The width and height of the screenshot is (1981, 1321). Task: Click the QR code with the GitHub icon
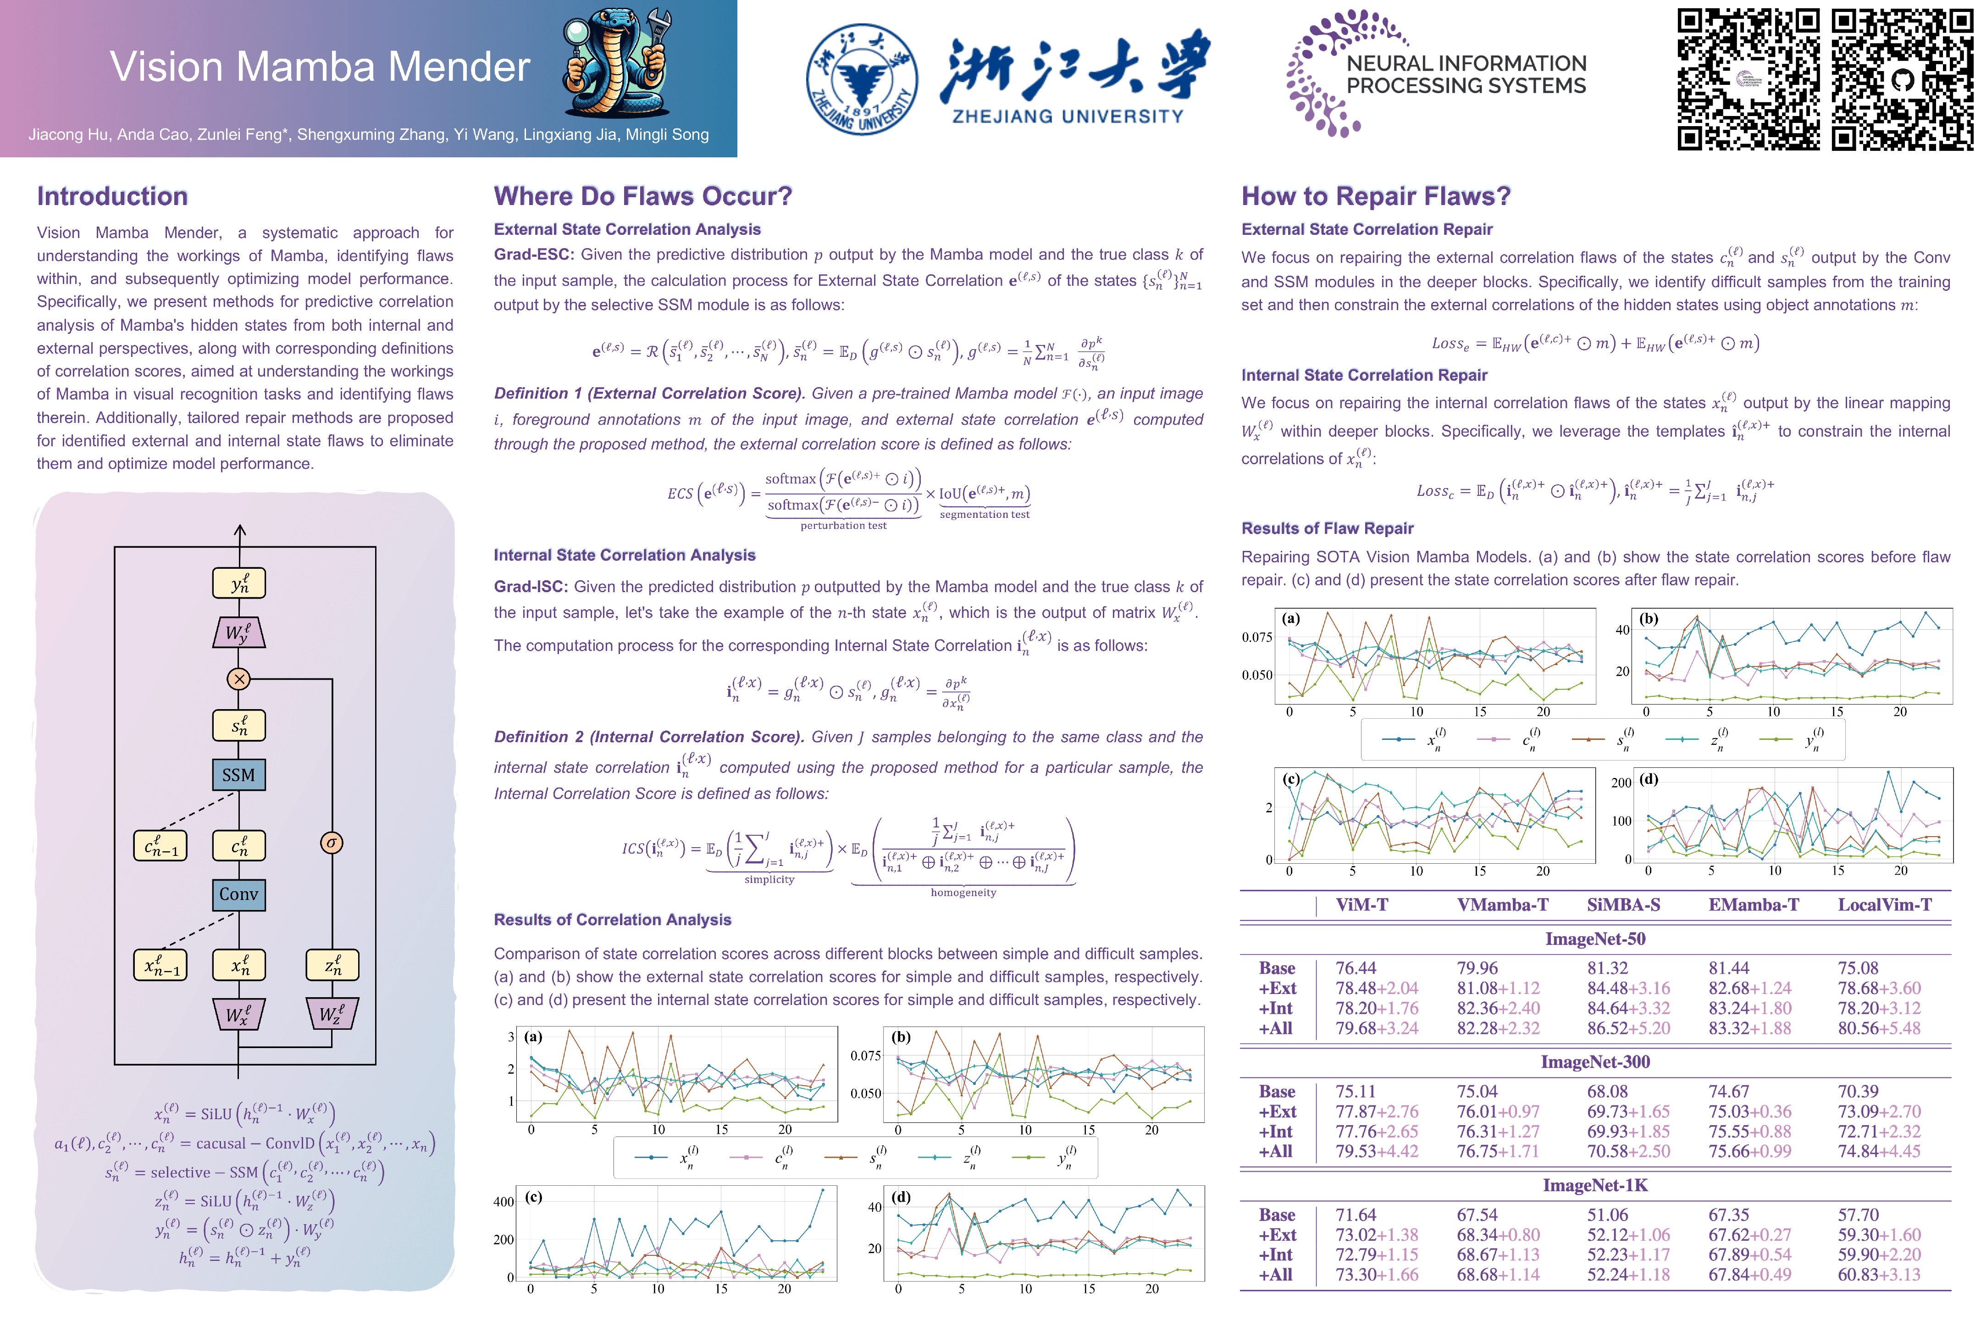click(1902, 79)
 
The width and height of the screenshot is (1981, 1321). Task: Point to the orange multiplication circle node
click(239, 678)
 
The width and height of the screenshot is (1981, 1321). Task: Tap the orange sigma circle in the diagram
click(332, 843)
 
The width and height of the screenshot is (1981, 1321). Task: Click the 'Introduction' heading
click(112, 196)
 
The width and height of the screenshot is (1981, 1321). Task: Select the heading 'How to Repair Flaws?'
click(1375, 196)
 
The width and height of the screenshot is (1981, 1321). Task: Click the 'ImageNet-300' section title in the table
click(1594, 1061)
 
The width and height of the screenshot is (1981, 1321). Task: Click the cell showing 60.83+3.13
click(1878, 1275)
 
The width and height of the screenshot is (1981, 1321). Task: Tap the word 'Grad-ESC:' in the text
click(534, 255)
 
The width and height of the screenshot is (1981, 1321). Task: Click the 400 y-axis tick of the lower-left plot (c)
click(504, 1201)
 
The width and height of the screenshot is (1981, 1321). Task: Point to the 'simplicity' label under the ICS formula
click(769, 880)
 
